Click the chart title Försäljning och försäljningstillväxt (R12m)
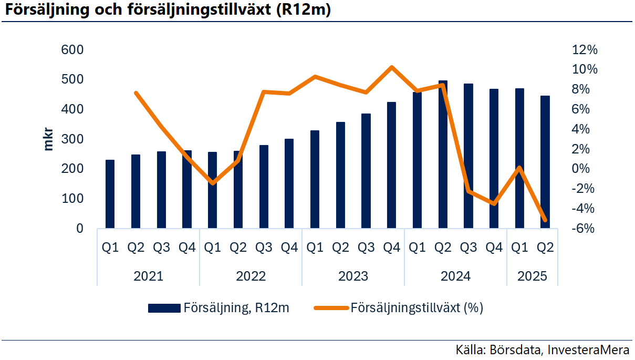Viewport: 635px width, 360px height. pos(169,11)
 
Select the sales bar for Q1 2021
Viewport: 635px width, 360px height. pos(110,194)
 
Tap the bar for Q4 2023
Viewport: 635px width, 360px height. pos(391,165)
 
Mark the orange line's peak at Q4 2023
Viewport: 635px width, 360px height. pos(391,67)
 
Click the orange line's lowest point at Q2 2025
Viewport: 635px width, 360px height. pos(545,220)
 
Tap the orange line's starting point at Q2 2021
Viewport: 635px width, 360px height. pos(136,93)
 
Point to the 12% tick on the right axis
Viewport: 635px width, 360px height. pos(585,50)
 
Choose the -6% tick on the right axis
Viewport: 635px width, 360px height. pos(584,229)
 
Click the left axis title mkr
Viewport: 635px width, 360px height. pos(48,139)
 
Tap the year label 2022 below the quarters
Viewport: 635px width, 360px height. pos(251,276)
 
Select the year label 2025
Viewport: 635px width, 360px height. pos(532,276)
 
